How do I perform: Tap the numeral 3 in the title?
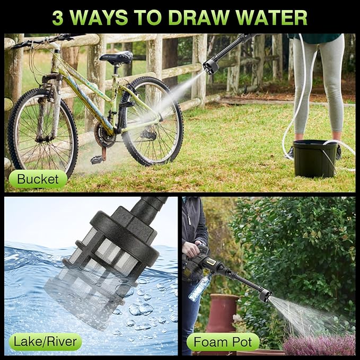[x=58, y=17]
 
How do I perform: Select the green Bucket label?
[x=38, y=179]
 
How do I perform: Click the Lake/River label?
[x=45, y=341]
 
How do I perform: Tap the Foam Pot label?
[x=223, y=341]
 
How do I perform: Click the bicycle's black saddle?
[x=117, y=57]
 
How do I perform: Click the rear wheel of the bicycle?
[x=152, y=121]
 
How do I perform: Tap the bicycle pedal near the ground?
[x=96, y=160]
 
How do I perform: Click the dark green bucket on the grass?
[x=315, y=159]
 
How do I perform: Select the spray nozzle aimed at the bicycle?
[x=210, y=66]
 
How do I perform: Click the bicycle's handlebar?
[x=46, y=41]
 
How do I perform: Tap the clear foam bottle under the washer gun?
[x=200, y=287]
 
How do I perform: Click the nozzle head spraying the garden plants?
[x=265, y=296]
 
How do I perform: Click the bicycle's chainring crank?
[x=104, y=136]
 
